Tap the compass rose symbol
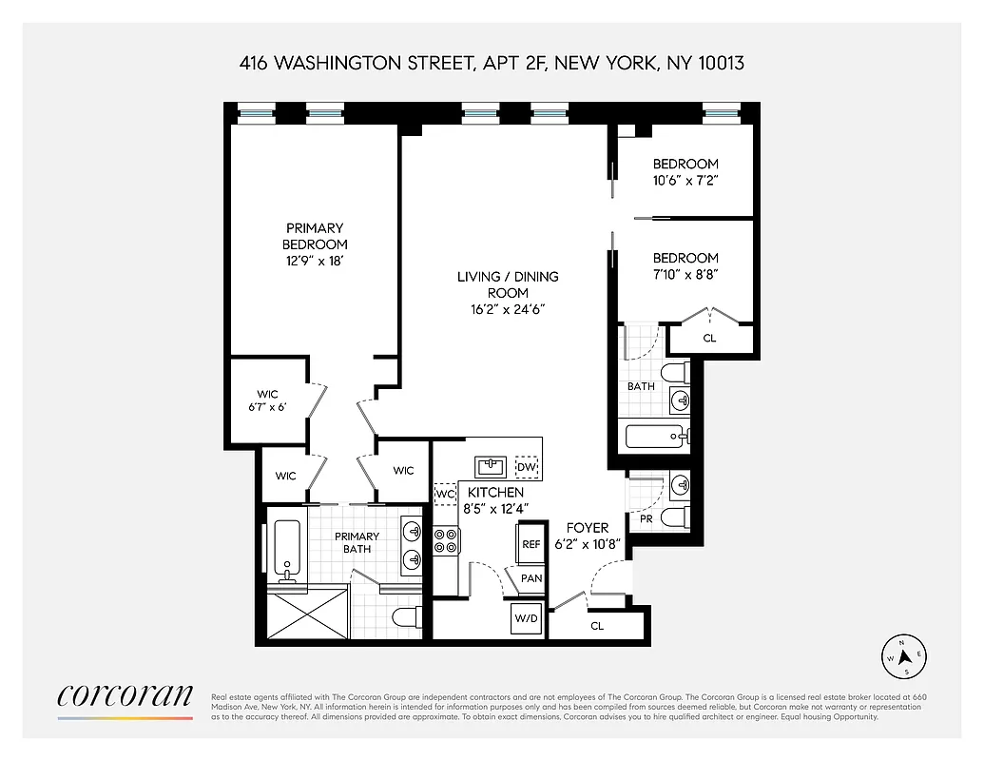coord(905,656)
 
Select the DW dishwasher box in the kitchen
coord(526,467)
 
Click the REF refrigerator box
coord(531,544)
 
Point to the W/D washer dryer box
coord(526,619)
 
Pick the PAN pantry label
coord(531,578)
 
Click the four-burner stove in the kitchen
coord(446,541)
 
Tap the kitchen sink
coord(492,466)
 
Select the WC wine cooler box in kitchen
coord(445,495)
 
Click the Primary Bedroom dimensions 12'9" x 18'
coord(314,260)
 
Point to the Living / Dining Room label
coord(508,284)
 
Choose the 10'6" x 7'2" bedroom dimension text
coord(685,180)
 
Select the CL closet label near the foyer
coord(597,626)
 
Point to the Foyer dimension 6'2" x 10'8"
coord(594,543)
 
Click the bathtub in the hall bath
coord(654,438)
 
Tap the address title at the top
coord(492,64)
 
